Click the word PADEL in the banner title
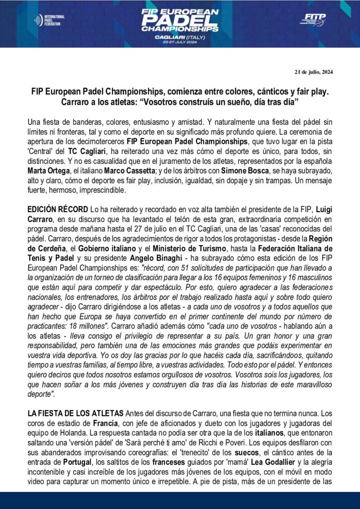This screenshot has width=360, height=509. click(180, 19)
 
